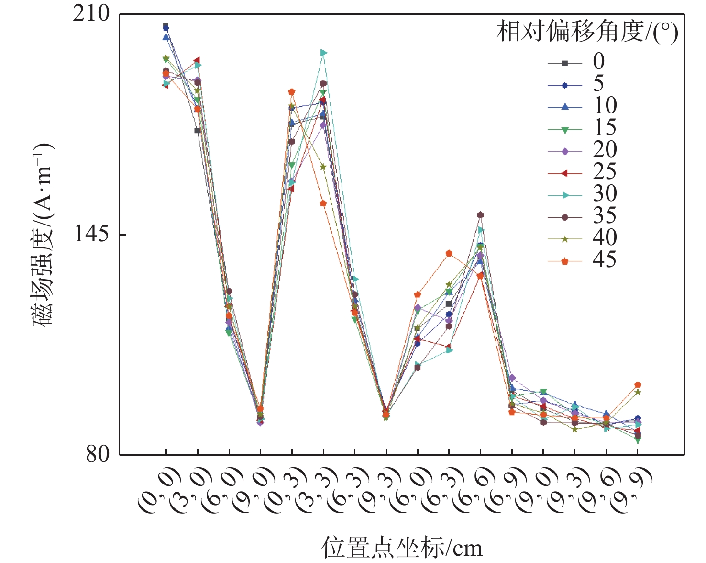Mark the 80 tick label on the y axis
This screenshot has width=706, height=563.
pyautogui.click(x=98, y=454)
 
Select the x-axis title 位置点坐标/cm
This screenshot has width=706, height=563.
pyautogui.click(x=402, y=548)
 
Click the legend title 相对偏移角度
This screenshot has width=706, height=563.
pyautogui.click(x=587, y=33)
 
